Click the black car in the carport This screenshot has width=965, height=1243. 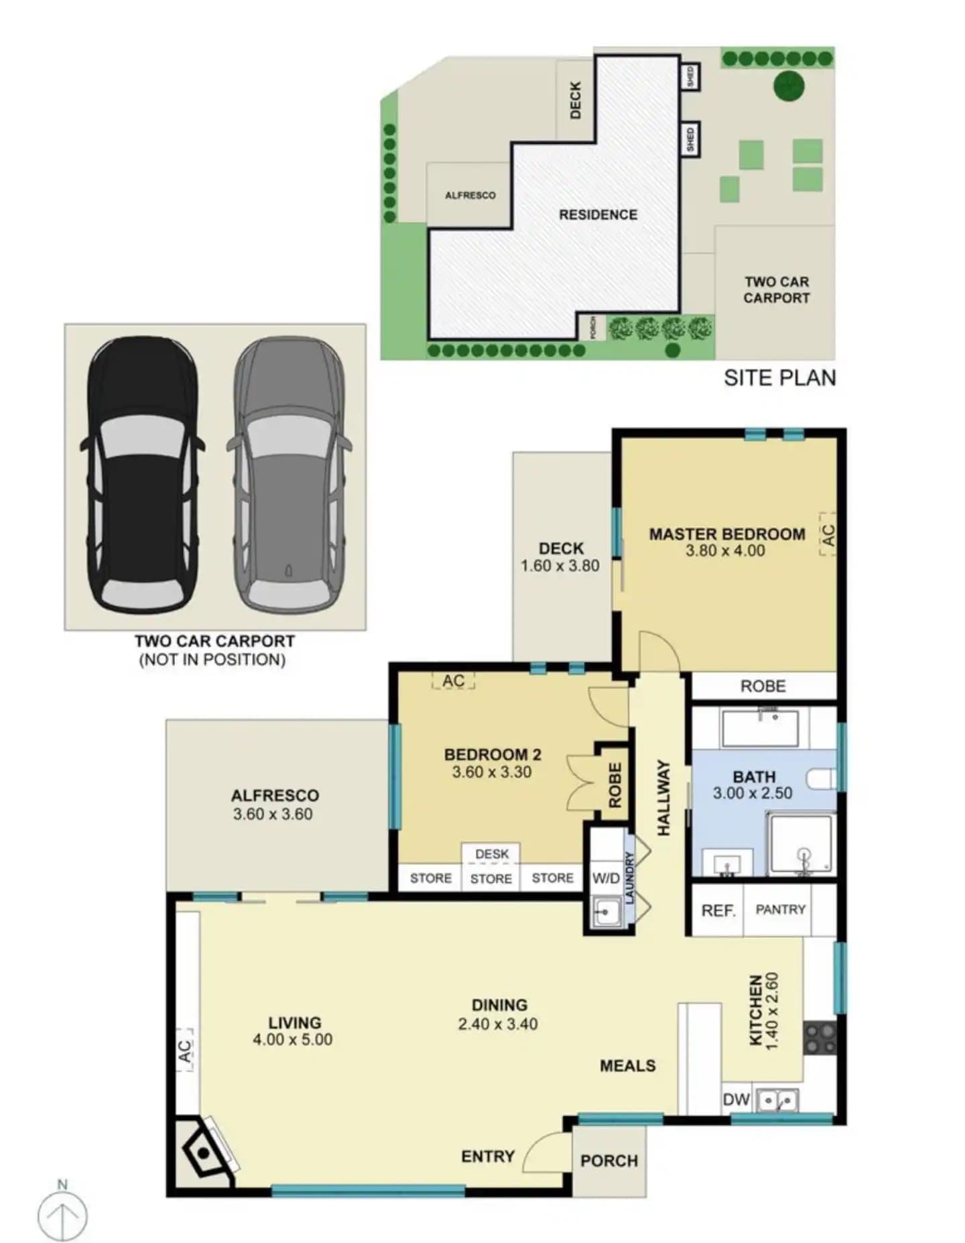click(143, 475)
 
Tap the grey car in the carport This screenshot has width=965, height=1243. click(289, 475)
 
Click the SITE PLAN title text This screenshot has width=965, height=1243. click(780, 378)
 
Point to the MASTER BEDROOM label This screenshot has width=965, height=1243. click(727, 534)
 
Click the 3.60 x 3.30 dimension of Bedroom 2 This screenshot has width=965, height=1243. click(492, 772)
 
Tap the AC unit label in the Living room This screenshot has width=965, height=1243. click(186, 1051)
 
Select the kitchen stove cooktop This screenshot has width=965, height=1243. click(820, 1038)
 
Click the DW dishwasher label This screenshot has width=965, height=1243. click(736, 1100)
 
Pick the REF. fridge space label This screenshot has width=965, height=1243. click(718, 910)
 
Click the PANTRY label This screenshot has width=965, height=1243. click(781, 910)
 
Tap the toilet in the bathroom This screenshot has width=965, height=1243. click(822, 779)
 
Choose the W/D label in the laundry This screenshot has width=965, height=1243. click(606, 878)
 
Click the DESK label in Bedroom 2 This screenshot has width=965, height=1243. click(492, 854)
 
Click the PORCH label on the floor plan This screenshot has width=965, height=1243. click(609, 1161)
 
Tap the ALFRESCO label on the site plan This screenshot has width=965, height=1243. click(470, 195)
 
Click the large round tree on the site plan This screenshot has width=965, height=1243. click(789, 85)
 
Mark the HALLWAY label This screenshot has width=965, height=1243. click(663, 798)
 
